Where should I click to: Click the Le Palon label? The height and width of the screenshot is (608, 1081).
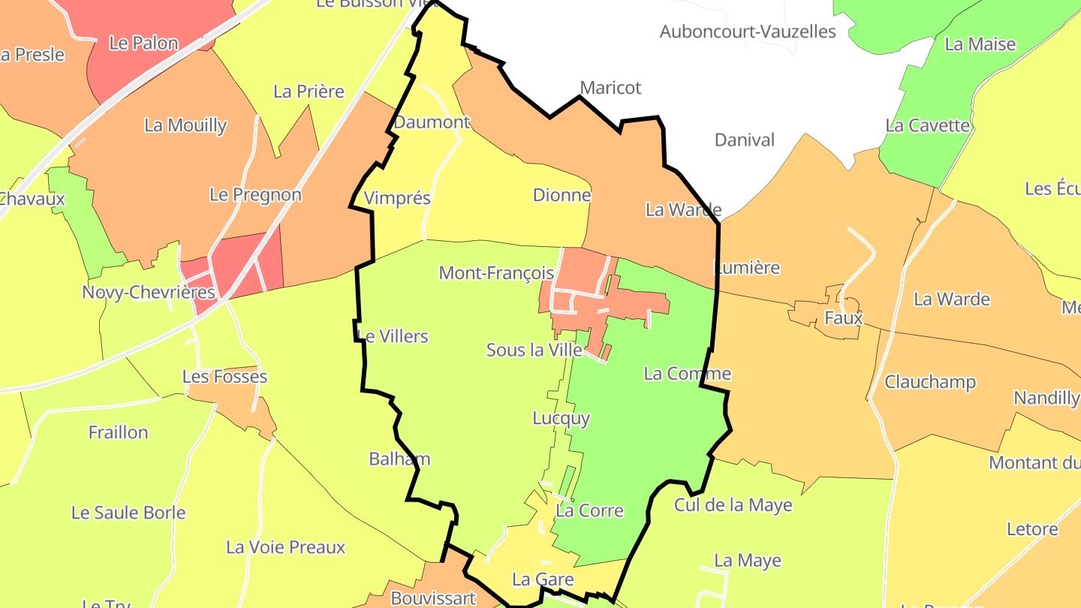pyautogui.click(x=143, y=43)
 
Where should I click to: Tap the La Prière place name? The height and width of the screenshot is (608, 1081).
pyautogui.click(x=309, y=92)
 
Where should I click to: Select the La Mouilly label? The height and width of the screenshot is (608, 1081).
pyautogui.click(x=185, y=125)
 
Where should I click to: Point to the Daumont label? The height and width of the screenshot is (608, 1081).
pyautogui.click(x=432, y=122)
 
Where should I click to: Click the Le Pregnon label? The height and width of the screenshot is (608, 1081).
pyautogui.click(x=255, y=194)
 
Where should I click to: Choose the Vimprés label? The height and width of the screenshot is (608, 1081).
pyautogui.click(x=397, y=198)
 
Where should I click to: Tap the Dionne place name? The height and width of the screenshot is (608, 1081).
pyautogui.click(x=562, y=195)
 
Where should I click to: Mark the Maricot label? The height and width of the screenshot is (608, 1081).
pyautogui.click(x=610, y=88)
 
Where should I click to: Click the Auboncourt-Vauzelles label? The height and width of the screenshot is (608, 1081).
pyautogui.click(x=748, y=32)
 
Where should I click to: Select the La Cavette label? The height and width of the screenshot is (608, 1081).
pyautogui.click(x=928, y=125)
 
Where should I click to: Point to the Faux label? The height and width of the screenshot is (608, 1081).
pyautogui.click(x=844, y=318)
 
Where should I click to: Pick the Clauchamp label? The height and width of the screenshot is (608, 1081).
pyautogui.click(x=930, y=382)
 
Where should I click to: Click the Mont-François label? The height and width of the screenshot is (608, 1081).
pyautogui.click(x=496, y=273)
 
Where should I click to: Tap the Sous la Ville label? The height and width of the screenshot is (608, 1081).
pyautogui.click(x=534, y=350)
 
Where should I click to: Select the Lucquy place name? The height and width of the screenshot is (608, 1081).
pyautogui.click(x=561, y=418)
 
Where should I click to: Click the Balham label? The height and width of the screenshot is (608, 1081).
pyautogui.click(x=399, y=459)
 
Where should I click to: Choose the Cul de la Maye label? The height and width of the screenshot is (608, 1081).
pyautogui.click(x=733, y=505)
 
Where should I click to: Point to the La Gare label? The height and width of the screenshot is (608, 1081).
pyautogui.click(x=543, y=579)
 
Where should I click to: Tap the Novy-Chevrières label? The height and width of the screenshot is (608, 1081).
pyautogui.click(x=149, y=292)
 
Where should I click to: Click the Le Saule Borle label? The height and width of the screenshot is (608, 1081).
pyautogui.click(x=128, y=513)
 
